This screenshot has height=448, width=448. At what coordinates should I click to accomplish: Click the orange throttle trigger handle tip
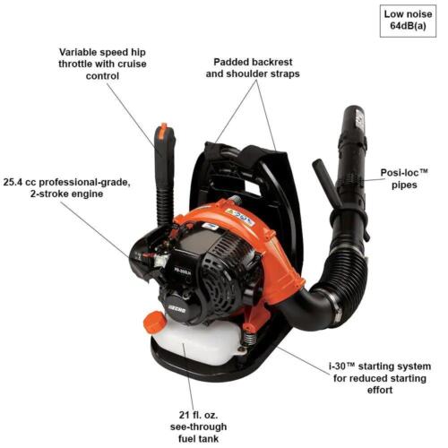(x=161, y=134)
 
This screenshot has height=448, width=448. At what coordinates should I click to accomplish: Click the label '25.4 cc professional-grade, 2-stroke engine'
(x=67, y=186)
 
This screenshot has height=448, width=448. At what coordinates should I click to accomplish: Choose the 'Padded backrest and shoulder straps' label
(x=255, y=69)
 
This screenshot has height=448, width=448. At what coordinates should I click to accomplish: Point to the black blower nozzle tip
(x=351, y=121)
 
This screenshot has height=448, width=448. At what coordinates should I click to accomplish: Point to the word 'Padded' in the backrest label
(x=232, y=63)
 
